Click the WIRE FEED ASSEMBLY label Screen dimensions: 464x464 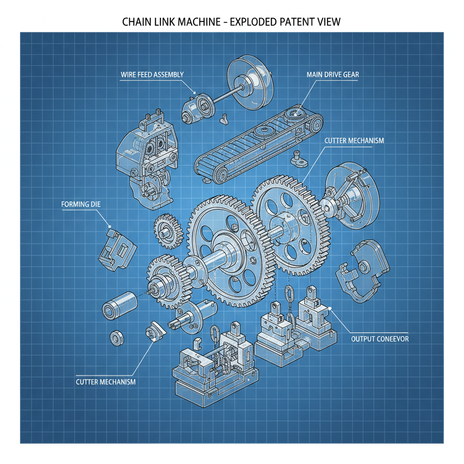(x=152, y=75)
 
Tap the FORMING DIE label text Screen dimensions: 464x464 (x=81, y=204)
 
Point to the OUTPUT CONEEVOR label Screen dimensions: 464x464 (x=380, y=338)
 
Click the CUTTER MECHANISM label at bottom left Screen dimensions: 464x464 (x=106, y=382)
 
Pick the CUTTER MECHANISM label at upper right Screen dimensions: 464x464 (x=354, y=140)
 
